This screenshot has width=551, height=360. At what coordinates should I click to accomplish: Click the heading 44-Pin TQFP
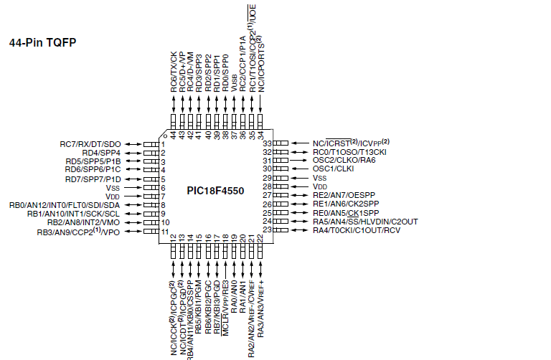[42, 42]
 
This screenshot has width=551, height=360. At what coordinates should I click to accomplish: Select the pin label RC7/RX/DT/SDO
[90, 144]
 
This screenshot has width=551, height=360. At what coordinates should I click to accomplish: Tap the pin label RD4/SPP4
[100, 153]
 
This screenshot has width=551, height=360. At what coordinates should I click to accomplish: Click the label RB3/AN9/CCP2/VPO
[78, 232]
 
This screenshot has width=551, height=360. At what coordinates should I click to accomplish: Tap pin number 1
[164, 144]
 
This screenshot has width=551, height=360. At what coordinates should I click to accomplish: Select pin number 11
[165, 232]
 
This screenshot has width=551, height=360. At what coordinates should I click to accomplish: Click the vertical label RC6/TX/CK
[174, 71]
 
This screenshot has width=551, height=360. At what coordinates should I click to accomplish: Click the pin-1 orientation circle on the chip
[165, 135]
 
